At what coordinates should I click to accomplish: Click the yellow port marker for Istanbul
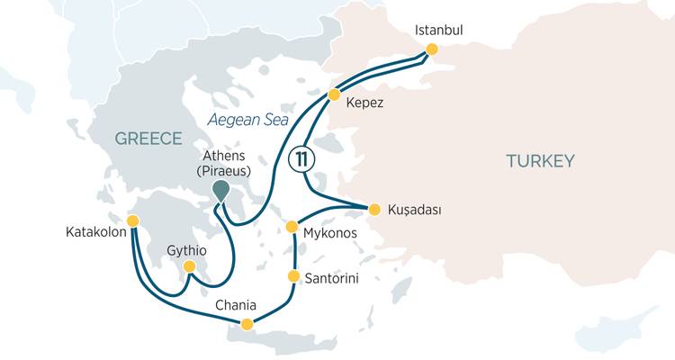pyautogui.click(x=431, y=49)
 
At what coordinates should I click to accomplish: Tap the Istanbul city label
pyautogui.click(x=438, y=30)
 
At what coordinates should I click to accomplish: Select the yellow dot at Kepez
pyautogui.click(x=334, y=94)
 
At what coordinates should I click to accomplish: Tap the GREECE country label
pyautogui.click(x=148, y=139)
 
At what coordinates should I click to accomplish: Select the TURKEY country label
pyautogui.click(x=539, y=161)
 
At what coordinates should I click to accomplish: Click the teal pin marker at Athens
pyautogui.click(x=220, y=190)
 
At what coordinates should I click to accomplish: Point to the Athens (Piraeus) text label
pyautogui.click(x=220, y=162)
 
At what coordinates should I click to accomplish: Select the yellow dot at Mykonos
pyautogui.click(x=292, y=227)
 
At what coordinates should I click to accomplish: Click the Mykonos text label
pyautogui.click(x=329, y=233)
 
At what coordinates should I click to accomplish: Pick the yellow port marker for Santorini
pyautogui.click(x=293, y=275)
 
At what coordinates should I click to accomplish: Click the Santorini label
pyautogui.click(x=332, y=279)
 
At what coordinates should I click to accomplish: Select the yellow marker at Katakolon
pyautogui.click(x=133, y=220)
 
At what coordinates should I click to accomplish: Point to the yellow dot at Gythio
pyautogui.click(x=189, y=266)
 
